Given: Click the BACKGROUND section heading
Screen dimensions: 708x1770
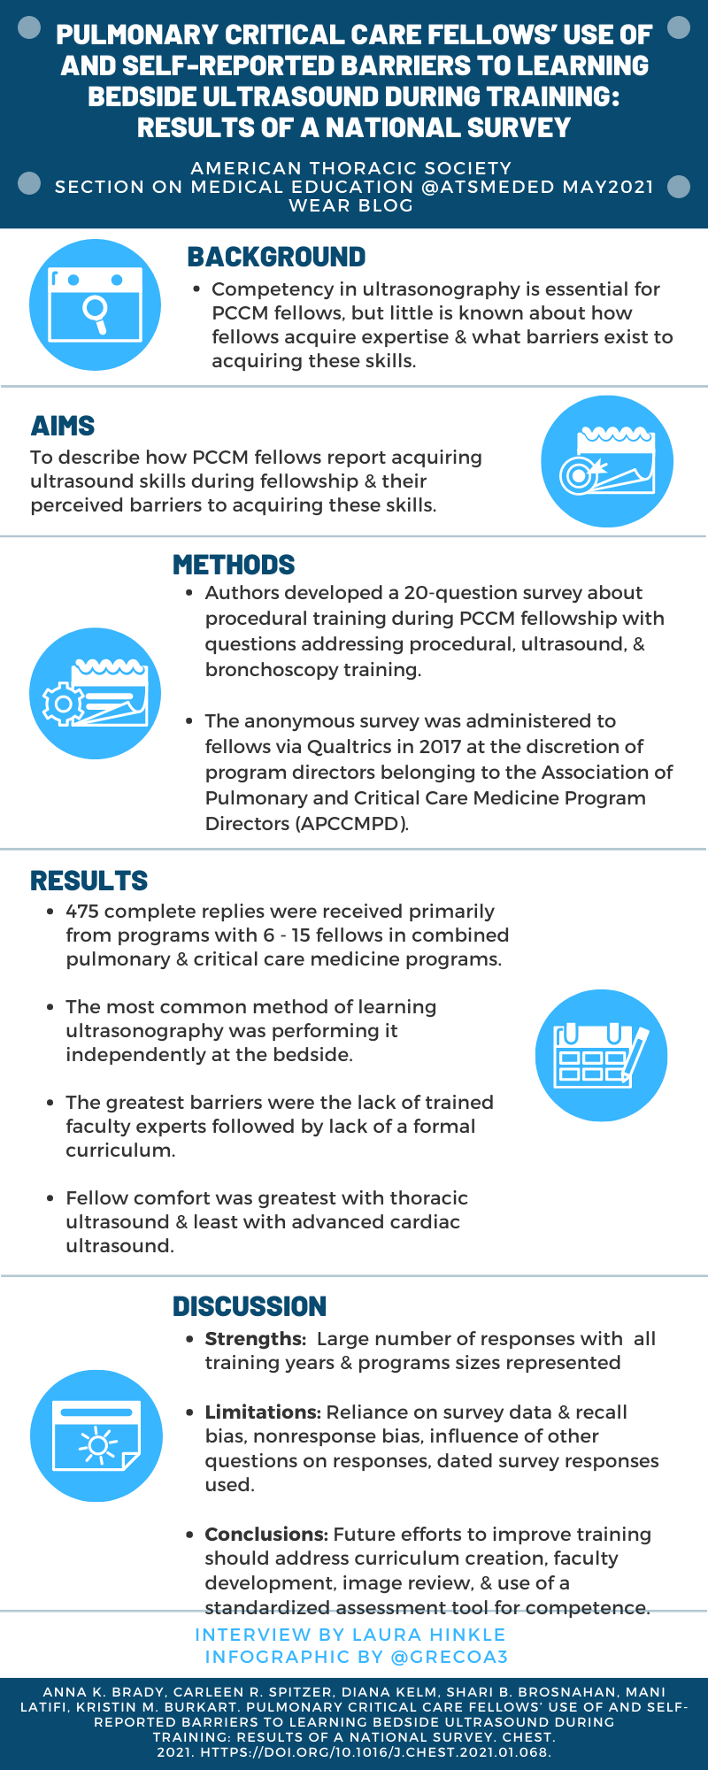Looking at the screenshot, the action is pos(276,257).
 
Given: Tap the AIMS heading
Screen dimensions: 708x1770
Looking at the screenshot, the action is pos(63,426).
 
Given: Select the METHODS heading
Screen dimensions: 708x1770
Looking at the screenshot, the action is pos(234,565).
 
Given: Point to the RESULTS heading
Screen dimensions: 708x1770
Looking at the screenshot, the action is pos(89,881).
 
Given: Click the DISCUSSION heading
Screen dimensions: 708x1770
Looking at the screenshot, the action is pos(250,1306).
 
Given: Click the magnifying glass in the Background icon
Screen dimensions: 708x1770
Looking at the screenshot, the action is pos(96,312).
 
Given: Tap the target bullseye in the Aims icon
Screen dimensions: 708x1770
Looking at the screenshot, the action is pos(576,476).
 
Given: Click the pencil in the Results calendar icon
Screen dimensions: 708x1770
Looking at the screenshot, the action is pos(635,1056).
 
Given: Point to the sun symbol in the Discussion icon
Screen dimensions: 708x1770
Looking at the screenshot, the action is pos(97,1446).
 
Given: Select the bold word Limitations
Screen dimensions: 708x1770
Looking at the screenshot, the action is pos(263,1412).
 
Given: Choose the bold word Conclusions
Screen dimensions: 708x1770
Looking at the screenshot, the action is pos(266,1535).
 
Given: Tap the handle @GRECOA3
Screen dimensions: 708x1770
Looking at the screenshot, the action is pos(450,1657).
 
